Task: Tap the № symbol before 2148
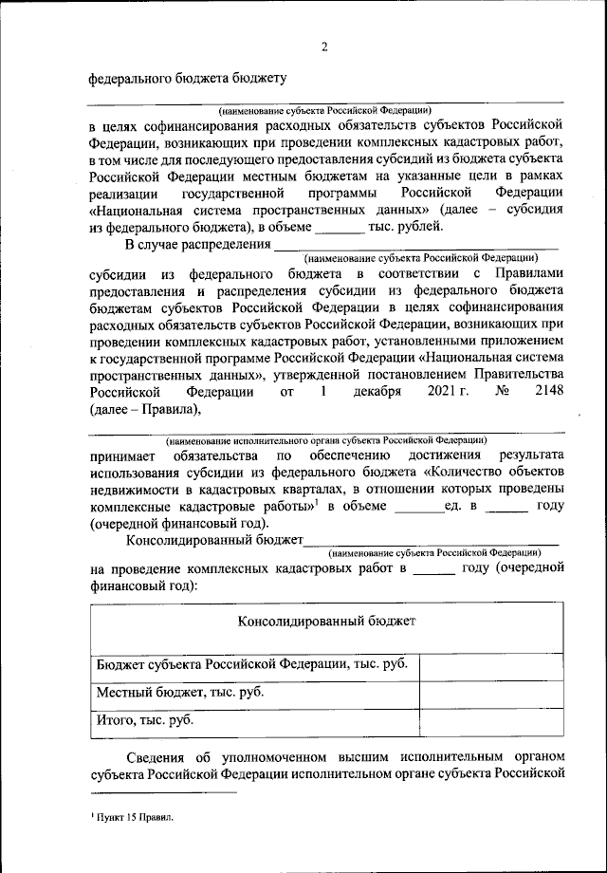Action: click(x=489, y=393)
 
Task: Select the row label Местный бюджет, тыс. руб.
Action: click(x=180, y=692)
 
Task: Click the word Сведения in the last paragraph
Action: click(x=160, y=758)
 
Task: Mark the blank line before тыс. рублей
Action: click(x=339, y=228)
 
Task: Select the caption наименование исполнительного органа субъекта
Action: click(x=326, y=440)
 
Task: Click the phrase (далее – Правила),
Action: click(x=146, y=410)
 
